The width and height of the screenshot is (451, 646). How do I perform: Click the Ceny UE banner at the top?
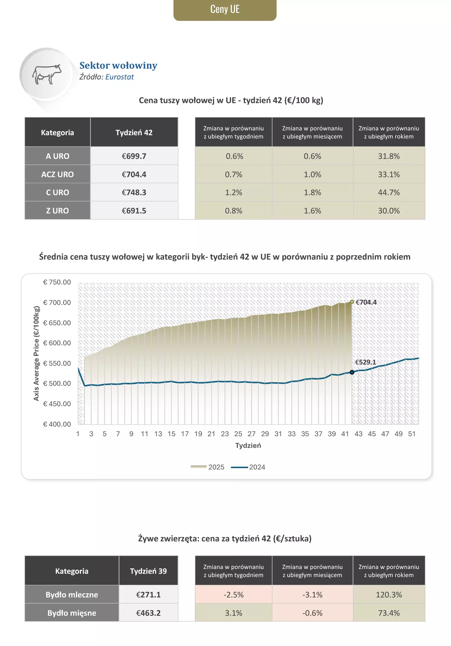(225, 10)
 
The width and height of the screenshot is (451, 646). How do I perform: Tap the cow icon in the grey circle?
(47, 74)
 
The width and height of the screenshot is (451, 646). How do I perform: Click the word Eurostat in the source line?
(119, 77)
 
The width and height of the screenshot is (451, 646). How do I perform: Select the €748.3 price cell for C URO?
(134, 192)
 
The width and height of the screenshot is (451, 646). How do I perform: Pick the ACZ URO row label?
(57, 174)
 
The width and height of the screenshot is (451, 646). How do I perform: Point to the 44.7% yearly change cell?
(389, 192)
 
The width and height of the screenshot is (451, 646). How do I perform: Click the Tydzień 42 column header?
(134, 132)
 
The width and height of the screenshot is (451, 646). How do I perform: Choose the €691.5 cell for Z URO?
(134, 211)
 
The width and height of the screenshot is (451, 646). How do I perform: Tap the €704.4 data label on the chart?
(366, 302)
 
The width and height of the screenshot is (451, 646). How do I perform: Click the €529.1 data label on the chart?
(365, 362)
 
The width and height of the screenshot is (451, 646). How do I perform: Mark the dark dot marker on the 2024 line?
(352, 372)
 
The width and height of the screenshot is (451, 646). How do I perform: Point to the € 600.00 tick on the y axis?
(57, 343)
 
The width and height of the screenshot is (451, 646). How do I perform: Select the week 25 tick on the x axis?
(238, 434)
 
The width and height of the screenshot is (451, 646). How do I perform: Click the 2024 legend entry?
(248, 467)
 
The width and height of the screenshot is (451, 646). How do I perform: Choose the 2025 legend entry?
(208, 467)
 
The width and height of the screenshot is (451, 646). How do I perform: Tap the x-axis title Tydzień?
(248, 445)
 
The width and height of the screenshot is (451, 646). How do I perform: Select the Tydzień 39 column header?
(148, 571)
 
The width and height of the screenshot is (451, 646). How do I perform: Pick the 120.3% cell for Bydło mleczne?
(389, 595)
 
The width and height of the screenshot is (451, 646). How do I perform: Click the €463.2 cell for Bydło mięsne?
(148, 613)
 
